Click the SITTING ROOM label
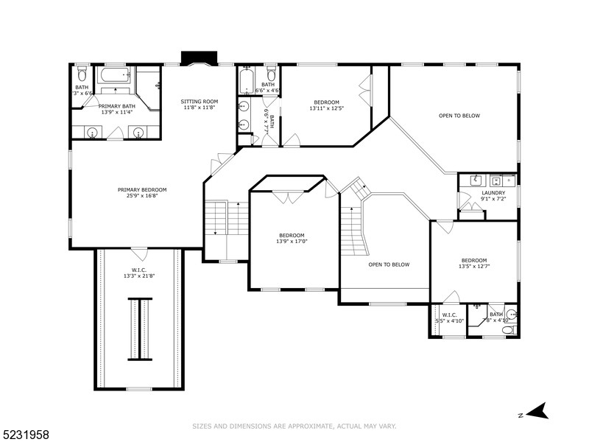click(x=200, y=101)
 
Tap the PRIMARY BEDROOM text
click(x=142, y=189)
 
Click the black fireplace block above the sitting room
click(x=200, y=58)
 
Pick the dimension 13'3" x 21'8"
click(x=138, y=276)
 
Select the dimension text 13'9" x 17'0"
click(x=292, y=241)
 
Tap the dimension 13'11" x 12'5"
click(x=326, y=108)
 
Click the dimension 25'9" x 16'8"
click(x=142, y=196)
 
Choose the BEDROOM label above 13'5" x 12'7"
click(x=474, y=260)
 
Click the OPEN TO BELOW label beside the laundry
click(x=459, y=116)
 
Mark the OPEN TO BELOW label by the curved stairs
click(x=389, y=264)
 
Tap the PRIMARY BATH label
click(x=117, y=106)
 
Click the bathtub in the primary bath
click(x=114, y=76)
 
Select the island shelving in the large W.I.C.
click(x=140, y=329)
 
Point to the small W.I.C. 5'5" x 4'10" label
click(x=449, y=318)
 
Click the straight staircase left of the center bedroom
click(x=227, y=219)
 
